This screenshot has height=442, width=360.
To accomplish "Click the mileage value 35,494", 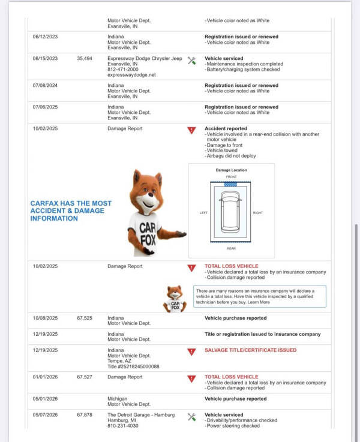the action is [85, 58].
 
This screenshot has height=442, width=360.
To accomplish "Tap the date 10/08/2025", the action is [45, 318].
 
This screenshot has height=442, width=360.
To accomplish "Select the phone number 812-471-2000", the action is [123, 70].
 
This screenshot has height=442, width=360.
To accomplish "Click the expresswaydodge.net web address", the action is [131, 75].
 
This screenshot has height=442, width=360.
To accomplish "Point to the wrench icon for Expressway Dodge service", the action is [191, 61].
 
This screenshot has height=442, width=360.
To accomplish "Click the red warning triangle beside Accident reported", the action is [191, 130].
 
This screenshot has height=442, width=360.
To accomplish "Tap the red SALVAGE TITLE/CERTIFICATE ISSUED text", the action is [251, 350].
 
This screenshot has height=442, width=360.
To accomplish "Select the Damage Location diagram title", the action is [231, 170].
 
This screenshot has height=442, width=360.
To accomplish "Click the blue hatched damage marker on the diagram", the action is [230, 184].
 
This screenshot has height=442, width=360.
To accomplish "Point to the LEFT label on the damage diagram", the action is [203, 213].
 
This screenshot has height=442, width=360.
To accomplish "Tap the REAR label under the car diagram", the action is [231, 248].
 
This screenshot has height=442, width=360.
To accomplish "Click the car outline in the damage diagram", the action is [230, 212].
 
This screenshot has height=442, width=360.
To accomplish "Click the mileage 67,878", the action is [85, 415].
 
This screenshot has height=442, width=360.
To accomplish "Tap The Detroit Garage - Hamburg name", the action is [141, 415].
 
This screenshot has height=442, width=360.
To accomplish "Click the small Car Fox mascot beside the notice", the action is [175, 299].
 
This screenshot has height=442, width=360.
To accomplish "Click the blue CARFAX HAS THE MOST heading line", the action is [71, 203].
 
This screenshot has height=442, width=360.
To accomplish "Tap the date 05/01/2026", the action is [45, 399].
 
